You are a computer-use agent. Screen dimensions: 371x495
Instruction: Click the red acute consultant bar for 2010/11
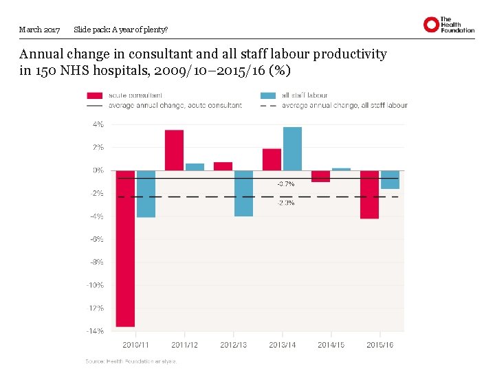[125, 248]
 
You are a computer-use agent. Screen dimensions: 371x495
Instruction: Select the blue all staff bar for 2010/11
[146, 194]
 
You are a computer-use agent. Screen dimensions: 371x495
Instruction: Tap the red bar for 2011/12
[174, 150]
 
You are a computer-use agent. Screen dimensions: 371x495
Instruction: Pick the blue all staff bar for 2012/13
[243, 193]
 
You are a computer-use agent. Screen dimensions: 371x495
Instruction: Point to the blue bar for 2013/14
[292, 148]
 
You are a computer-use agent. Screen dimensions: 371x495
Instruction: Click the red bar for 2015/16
[369, 194]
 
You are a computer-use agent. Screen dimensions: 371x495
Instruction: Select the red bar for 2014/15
[320, 176]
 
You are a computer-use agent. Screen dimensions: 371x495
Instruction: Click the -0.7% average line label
[286, 184]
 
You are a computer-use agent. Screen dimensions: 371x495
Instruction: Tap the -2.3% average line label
[286, 203]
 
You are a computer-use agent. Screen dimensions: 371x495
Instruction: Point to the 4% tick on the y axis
[98, 124]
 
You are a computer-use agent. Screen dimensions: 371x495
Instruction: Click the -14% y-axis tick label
[96, 330]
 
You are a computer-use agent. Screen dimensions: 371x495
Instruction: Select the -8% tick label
[97, 262]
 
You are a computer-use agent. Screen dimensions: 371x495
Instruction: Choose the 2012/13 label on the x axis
[233, 345]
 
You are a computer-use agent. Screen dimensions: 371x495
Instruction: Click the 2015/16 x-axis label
[379, 345]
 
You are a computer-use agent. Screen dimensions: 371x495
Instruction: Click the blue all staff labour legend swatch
[268, 95]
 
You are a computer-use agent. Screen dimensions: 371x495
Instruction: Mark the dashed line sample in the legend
[268, 106]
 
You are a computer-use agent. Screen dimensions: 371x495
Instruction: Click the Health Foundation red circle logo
[431, 25]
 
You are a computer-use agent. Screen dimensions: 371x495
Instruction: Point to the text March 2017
[40, 30]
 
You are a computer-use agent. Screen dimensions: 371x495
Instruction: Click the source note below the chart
[131, 361]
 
